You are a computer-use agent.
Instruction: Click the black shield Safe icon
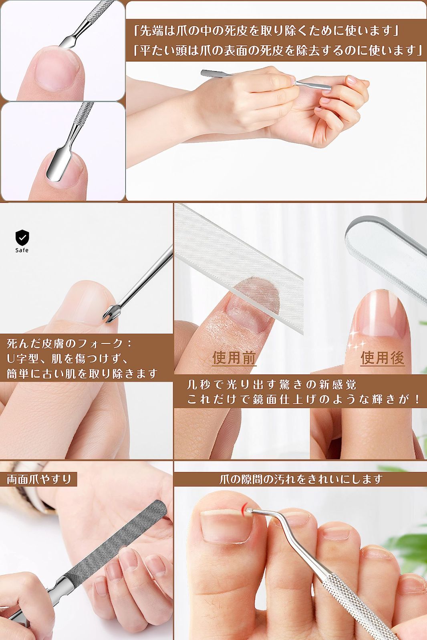pos(22,241)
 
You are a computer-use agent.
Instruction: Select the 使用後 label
pos(383,358)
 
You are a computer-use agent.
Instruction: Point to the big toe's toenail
pos(226,525)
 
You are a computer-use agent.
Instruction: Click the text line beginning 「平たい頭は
pos(278,51)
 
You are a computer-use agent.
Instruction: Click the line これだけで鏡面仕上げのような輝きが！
pos(303,399)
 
